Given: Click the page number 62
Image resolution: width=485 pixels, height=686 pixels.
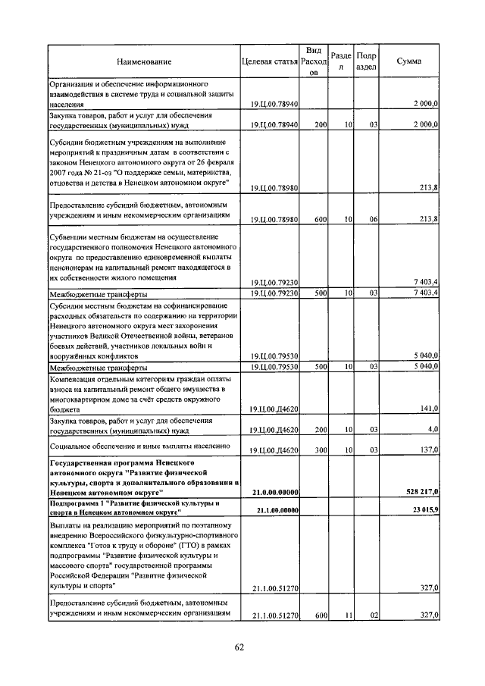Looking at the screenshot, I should coord(239,647).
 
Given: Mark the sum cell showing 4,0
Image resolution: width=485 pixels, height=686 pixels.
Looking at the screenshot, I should coord(433,429).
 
